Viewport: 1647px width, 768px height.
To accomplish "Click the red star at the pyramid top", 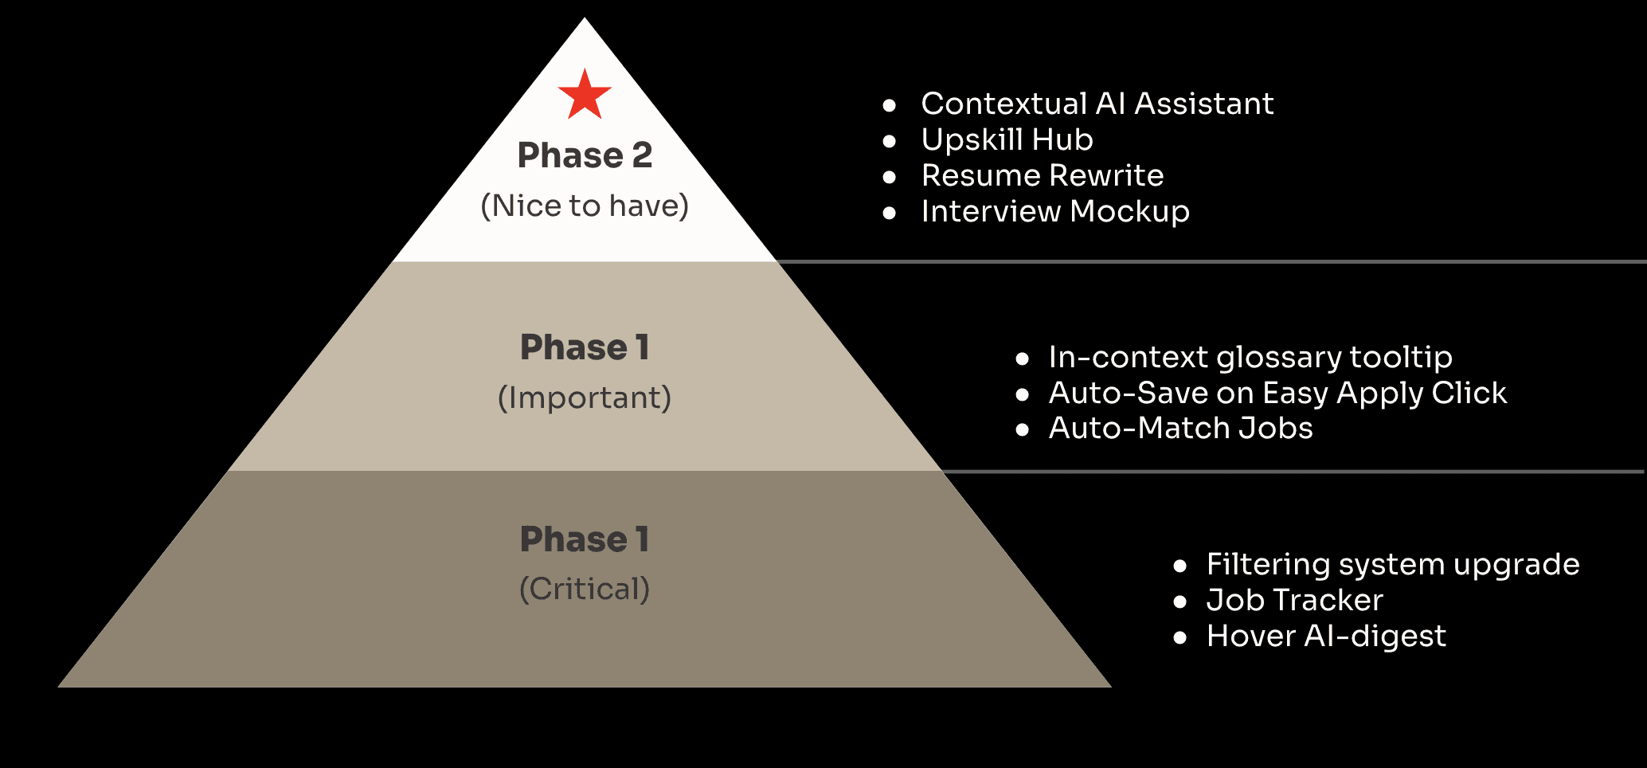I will coord(585,96).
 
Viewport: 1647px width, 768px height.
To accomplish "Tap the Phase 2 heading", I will coord(585,155).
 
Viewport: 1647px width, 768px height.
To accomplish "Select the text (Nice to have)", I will coord(585,206).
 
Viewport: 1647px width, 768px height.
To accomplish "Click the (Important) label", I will coord(585,398).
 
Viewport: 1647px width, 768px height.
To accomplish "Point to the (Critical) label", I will coord(585,590).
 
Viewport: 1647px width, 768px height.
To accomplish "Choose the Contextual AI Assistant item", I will coord(1097,104).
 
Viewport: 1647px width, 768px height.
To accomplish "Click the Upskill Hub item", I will coord(1007,139).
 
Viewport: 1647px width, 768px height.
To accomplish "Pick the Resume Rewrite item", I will coord(1042,175).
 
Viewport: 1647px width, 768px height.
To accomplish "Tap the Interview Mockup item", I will coord(1054,211).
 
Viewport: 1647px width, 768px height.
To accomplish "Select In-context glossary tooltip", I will coord(1250,358).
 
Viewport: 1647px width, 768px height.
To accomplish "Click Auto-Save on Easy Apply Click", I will coord(1277,393).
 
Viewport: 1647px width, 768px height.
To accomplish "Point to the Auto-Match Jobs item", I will coord(1180,429).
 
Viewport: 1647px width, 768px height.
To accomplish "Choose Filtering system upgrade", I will coord(1392,565).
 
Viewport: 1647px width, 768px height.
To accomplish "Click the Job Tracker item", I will coord(1294,600).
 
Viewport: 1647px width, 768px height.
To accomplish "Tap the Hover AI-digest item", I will coord(1325,636).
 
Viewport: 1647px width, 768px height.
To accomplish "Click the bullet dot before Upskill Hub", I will coord(890,141).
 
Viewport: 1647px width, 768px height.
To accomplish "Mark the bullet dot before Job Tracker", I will coord(1180,601).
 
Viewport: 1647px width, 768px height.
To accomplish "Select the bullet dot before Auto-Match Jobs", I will coord(1023,430).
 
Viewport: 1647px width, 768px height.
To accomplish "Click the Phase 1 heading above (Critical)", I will coord(585,539).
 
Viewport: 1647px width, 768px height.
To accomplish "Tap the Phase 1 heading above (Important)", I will coord(585,347).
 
